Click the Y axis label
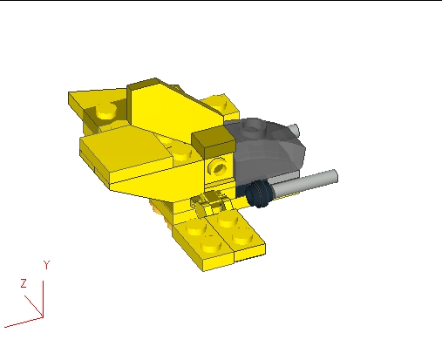point(47,263)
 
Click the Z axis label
point(24,282)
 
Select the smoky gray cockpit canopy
point(270,153)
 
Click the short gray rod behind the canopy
point(295,130)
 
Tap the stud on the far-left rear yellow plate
point(105,111)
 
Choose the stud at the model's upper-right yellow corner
point(225,106)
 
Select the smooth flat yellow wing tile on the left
point(122,144)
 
